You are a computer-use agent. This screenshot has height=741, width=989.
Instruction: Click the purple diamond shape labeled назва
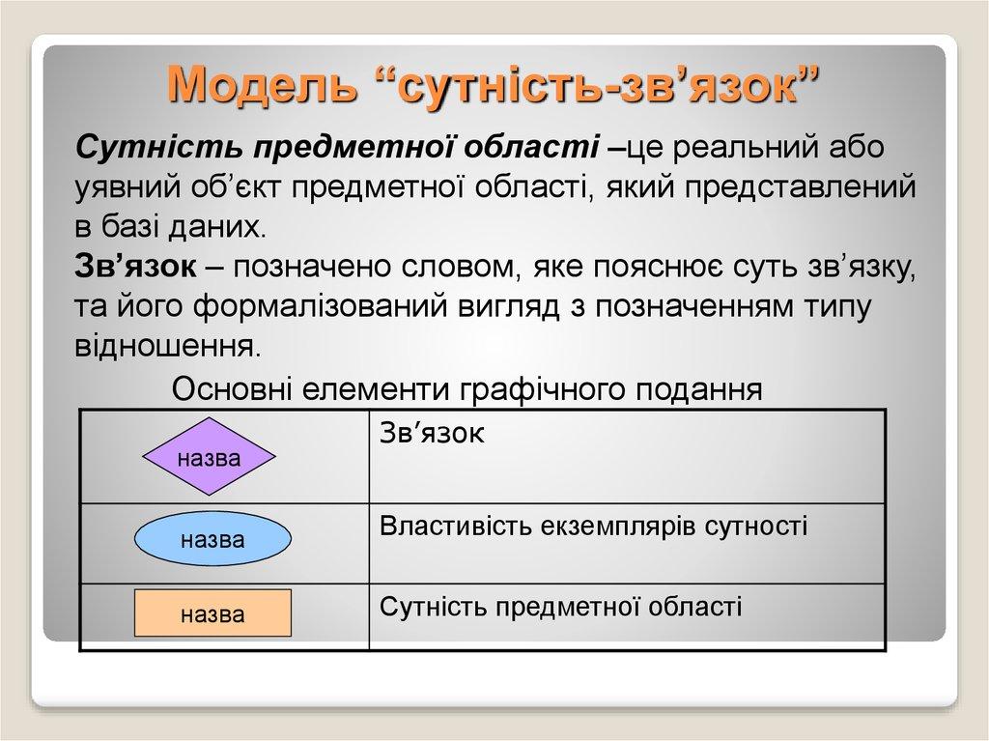point(211,457)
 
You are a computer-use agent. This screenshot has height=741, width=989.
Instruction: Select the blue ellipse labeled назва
point(212,539)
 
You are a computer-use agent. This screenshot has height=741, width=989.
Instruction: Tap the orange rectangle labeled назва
point(212,613)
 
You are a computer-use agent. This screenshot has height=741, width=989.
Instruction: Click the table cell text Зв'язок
point(432,433)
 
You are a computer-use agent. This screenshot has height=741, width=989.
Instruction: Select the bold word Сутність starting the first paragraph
point(158,148)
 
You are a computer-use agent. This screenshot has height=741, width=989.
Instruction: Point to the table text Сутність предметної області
point(561,606)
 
